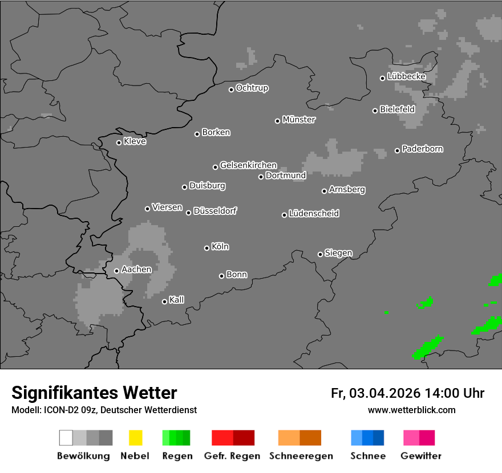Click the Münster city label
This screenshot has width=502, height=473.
click(299, 120)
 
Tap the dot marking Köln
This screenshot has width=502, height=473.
click(207, 248)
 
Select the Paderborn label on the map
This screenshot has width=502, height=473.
click(422, 149)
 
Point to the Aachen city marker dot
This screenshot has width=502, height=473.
click(116, 271)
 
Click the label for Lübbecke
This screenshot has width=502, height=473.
click(406, 76)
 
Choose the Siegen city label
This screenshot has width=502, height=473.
click(338, 253)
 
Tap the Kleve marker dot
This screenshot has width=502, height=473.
click(119, 142)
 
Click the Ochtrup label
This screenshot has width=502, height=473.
click(252, 88)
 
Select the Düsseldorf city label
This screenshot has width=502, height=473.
click(215, 211)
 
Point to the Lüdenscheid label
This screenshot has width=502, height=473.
click(314, 214)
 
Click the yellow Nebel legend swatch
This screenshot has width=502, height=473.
click(135, 438)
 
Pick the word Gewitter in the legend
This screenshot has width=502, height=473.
click(421, 456)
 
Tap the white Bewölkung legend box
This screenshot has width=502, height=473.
click(66, 438)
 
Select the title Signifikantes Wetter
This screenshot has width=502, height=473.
click(94, 393)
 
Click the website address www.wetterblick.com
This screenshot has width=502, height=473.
click(411, 410)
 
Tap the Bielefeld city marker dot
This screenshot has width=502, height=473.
click(375, 111)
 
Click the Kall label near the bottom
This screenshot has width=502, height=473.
click(176, 300)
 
